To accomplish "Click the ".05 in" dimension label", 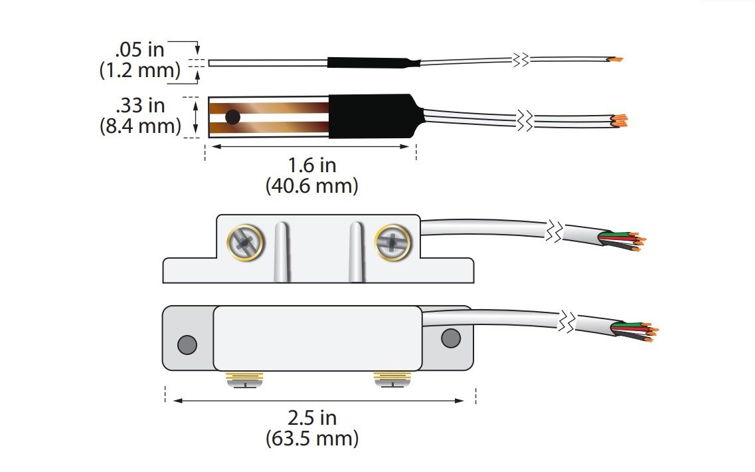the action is [x=139, y=50].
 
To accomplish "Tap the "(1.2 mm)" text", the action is [x=139, y=70].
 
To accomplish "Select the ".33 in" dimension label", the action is [x=140, y=105].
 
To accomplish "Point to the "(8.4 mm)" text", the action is [x=140, y=126].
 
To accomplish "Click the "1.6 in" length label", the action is [x=312, y=166].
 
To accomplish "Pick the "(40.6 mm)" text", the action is [x=312, y=186].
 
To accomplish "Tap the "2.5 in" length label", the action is [x=312, y=417].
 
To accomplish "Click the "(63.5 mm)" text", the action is [x=312, y=439].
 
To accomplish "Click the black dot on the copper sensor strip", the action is [x=232, y=117].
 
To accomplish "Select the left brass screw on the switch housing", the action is [x=245, y=243].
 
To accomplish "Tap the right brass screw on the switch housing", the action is [x=392, y=243].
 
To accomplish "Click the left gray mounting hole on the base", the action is [x=187, y=345].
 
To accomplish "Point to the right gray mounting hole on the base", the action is [x=451, y=338].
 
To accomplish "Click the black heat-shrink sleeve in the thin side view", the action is [x=374, y=62].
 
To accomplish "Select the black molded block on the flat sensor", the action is [x=376, y=116].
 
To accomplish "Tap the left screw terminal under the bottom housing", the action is [x=244, y=380].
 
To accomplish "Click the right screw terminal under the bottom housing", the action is [x=392, y=380].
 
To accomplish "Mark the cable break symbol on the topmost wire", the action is [x=521, y=60].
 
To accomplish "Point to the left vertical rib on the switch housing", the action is [x=282, y=252].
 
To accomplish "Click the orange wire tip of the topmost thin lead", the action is [x=616, y=60].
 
